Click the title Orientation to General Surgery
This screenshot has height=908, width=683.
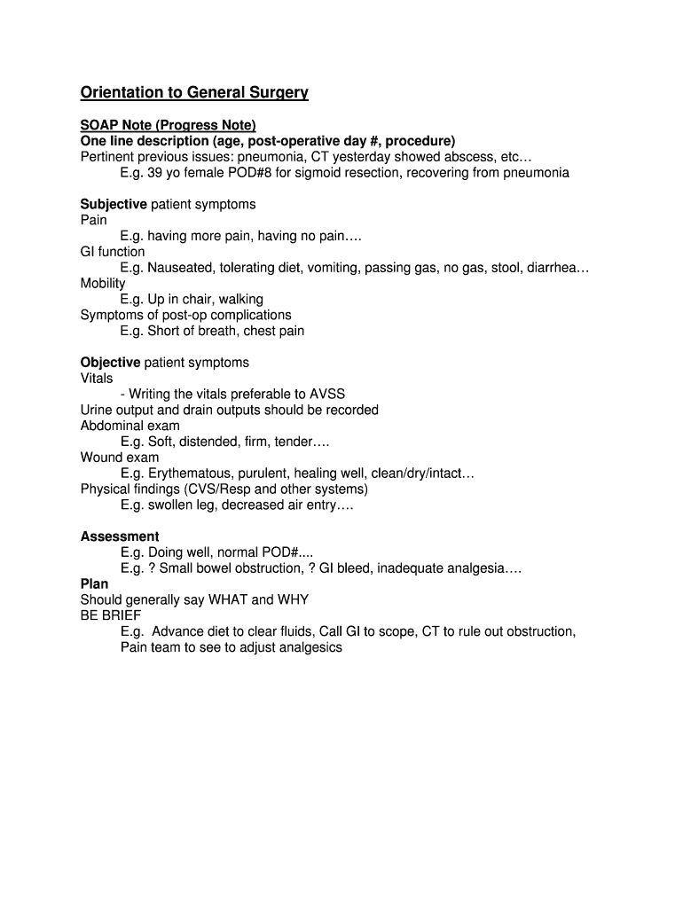tap(194, 93)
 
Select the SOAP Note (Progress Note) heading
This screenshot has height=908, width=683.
tap(168, 125)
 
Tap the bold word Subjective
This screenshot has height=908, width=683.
tap(114, 204)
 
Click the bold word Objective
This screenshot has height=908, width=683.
tap(110, 363)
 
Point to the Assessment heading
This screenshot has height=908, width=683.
tap(120, 536)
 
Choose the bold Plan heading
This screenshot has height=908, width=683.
tap(94, 584)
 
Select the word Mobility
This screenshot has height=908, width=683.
tap(103, 284)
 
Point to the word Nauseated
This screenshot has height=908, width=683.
tap(182, 268)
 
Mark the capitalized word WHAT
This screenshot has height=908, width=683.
tap(228, 600)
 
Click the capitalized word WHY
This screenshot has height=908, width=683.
tap(293, 600)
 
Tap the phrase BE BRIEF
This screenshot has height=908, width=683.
tap(111, 615)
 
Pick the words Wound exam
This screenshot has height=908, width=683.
tap(120, 458)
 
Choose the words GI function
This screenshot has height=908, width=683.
tap(113, 252)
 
